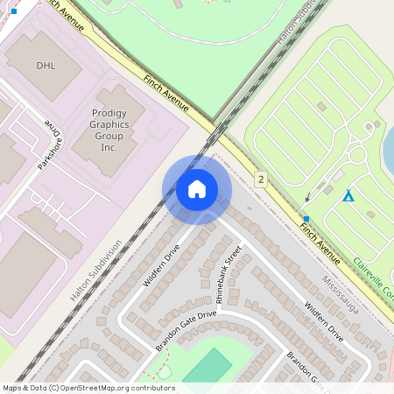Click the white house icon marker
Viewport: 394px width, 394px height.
click(197, 189)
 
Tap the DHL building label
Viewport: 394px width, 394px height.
click(45, 66)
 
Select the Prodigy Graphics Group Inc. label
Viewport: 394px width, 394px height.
click(109, 130)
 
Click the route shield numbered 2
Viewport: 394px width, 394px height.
click(261, 179)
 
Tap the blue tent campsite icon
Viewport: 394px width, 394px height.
click(348, 195)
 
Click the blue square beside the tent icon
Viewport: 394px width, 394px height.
click(306, 219)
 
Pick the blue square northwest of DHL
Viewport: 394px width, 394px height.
click(13, 11)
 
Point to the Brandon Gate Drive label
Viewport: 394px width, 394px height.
click(186, 331)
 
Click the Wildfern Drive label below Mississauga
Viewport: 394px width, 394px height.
click(324, 321)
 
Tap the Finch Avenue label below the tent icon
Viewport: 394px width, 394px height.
click(320, 243)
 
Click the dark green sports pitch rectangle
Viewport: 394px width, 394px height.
click(208, 366)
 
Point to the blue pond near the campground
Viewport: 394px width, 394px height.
click(388, 149)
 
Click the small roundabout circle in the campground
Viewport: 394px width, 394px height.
click(357, 155)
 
